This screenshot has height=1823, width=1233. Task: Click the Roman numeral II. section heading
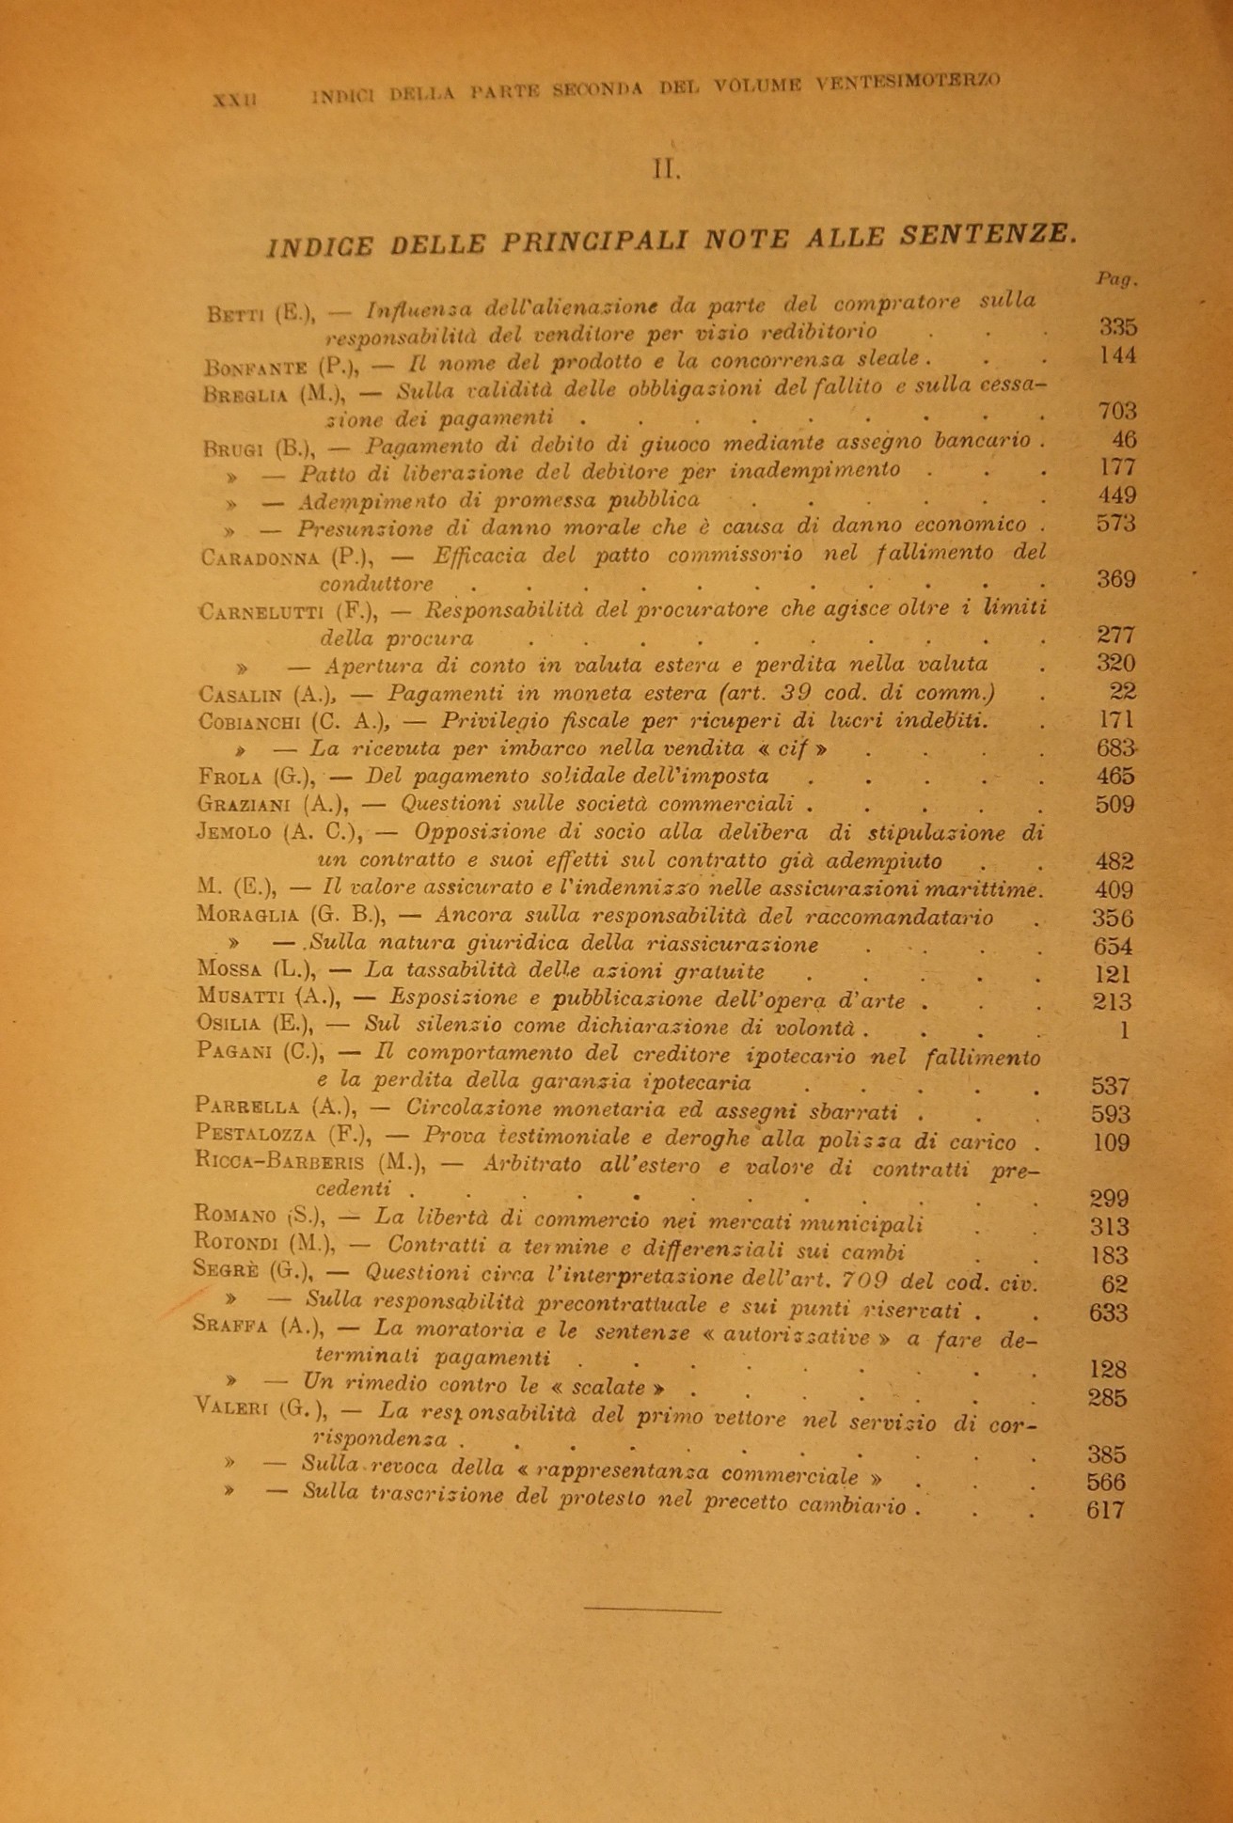click(666, 170)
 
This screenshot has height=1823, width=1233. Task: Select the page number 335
click(1117, 328)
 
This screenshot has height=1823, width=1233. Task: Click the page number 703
click(1117, 411)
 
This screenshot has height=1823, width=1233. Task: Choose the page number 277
click(1116, 635)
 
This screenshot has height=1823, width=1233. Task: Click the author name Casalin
click(242, 695)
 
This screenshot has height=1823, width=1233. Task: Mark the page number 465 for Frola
click(1115, 777)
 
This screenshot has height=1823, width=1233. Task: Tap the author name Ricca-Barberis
click(273, 1163)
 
